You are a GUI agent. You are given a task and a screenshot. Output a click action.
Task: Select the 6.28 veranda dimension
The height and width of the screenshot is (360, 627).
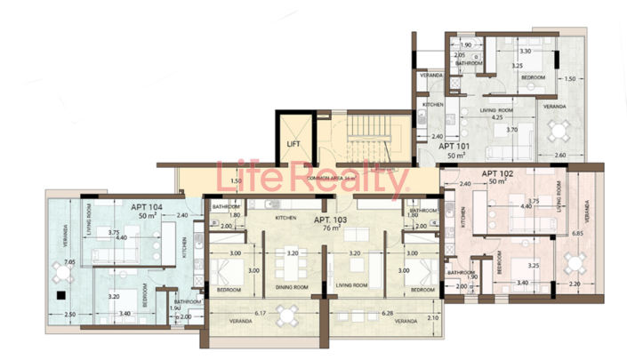(362, 314)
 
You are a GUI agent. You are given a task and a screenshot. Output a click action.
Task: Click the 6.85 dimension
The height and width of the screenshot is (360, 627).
(577, 234)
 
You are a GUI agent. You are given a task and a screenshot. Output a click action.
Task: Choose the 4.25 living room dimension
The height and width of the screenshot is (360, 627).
(485, 116)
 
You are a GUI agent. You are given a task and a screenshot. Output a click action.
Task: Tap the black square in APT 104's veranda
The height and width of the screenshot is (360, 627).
(60, 294)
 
